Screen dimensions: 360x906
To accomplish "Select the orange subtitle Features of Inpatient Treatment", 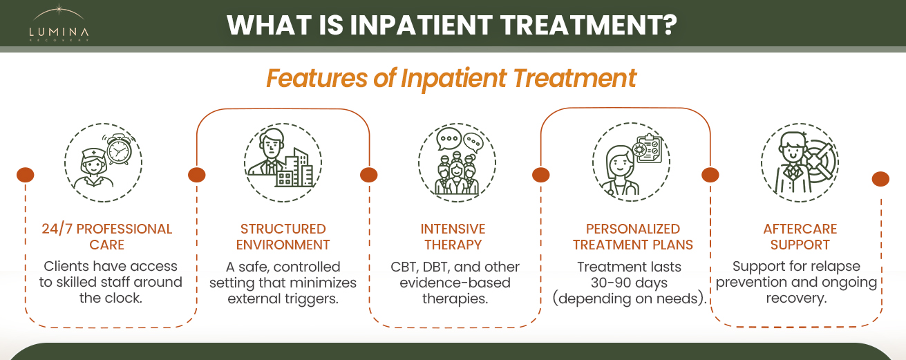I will pos(451,78).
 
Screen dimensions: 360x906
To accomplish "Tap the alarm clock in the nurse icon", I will pos(119,149).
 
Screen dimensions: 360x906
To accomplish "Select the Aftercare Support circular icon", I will pos(799,164).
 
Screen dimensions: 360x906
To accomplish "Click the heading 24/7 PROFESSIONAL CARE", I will pos(107,236).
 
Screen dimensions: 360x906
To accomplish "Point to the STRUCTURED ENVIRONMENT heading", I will pos(283,236).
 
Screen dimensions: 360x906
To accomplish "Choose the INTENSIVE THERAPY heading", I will pos(453,236).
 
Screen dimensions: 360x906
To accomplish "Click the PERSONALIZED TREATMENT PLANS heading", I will pos(632,236).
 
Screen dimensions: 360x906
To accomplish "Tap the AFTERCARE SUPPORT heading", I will pos(800,236).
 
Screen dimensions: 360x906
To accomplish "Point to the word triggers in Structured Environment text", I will pos(313,299).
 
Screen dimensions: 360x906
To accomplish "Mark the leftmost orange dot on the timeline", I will pos(26,175).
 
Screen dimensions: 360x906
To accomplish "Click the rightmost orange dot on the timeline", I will pos(880,179).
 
